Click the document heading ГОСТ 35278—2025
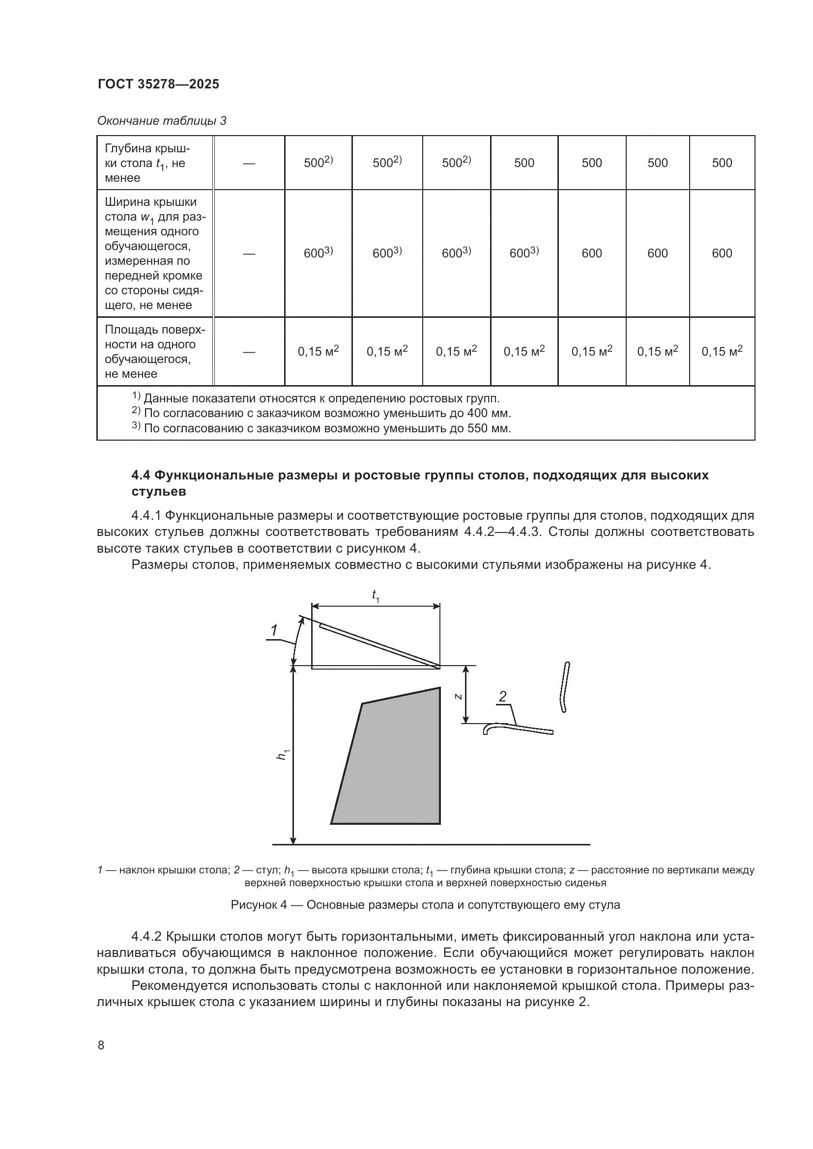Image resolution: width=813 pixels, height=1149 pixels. tap(158, 84)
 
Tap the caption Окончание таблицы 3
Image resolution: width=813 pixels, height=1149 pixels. tap(161, 121)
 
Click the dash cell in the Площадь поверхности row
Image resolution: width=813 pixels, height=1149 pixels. tap(249, 352)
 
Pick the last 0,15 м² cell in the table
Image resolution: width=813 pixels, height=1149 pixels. tap(722, 351)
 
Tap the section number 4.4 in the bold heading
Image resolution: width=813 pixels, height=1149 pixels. tap(142, 475)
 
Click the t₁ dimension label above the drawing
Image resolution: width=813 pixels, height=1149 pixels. tap(376, 595)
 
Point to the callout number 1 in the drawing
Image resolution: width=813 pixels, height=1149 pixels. tap(274, 631)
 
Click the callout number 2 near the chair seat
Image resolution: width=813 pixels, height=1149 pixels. tap(503, 697)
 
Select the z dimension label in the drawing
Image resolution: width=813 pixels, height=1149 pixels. tap(458, 696)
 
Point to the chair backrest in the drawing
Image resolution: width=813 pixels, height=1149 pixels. tap(565, 687)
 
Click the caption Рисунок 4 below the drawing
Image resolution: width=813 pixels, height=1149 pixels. tap(425, 905)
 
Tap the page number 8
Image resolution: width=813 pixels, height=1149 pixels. tap(101, 1045)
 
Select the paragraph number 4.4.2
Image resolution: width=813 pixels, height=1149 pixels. tap(146, 936)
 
